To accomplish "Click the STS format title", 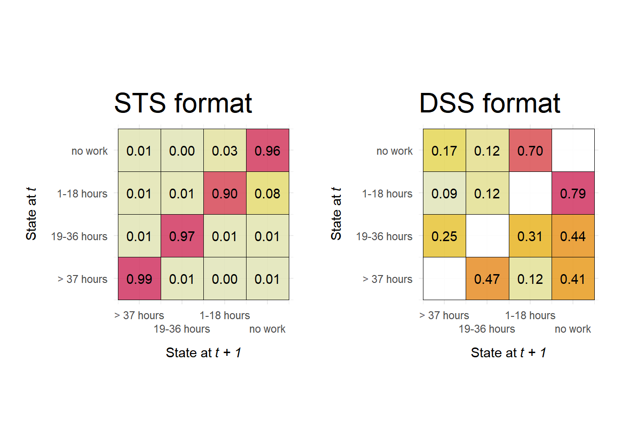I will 183,103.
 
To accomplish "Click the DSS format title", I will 490,103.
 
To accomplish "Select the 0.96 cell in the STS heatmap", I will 267,151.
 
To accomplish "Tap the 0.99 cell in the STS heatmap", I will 139,279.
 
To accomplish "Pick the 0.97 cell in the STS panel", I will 182,236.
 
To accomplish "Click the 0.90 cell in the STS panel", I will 225,193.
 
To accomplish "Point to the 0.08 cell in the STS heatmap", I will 267,193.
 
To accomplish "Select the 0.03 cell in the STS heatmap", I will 225,151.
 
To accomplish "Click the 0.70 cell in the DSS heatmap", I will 530,151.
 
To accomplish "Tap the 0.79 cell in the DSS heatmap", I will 573,193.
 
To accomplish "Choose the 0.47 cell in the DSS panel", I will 487,279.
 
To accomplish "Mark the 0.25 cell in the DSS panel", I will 444,236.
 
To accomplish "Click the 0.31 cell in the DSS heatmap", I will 530,236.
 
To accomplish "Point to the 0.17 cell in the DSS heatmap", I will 444,151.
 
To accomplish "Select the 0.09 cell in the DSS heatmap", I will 444,193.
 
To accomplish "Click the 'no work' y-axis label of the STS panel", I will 90,151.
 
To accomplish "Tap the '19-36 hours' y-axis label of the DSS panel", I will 384,236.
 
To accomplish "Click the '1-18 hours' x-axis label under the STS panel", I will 225,315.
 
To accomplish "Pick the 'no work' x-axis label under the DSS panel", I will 573,329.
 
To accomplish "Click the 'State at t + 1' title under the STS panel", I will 203,353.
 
